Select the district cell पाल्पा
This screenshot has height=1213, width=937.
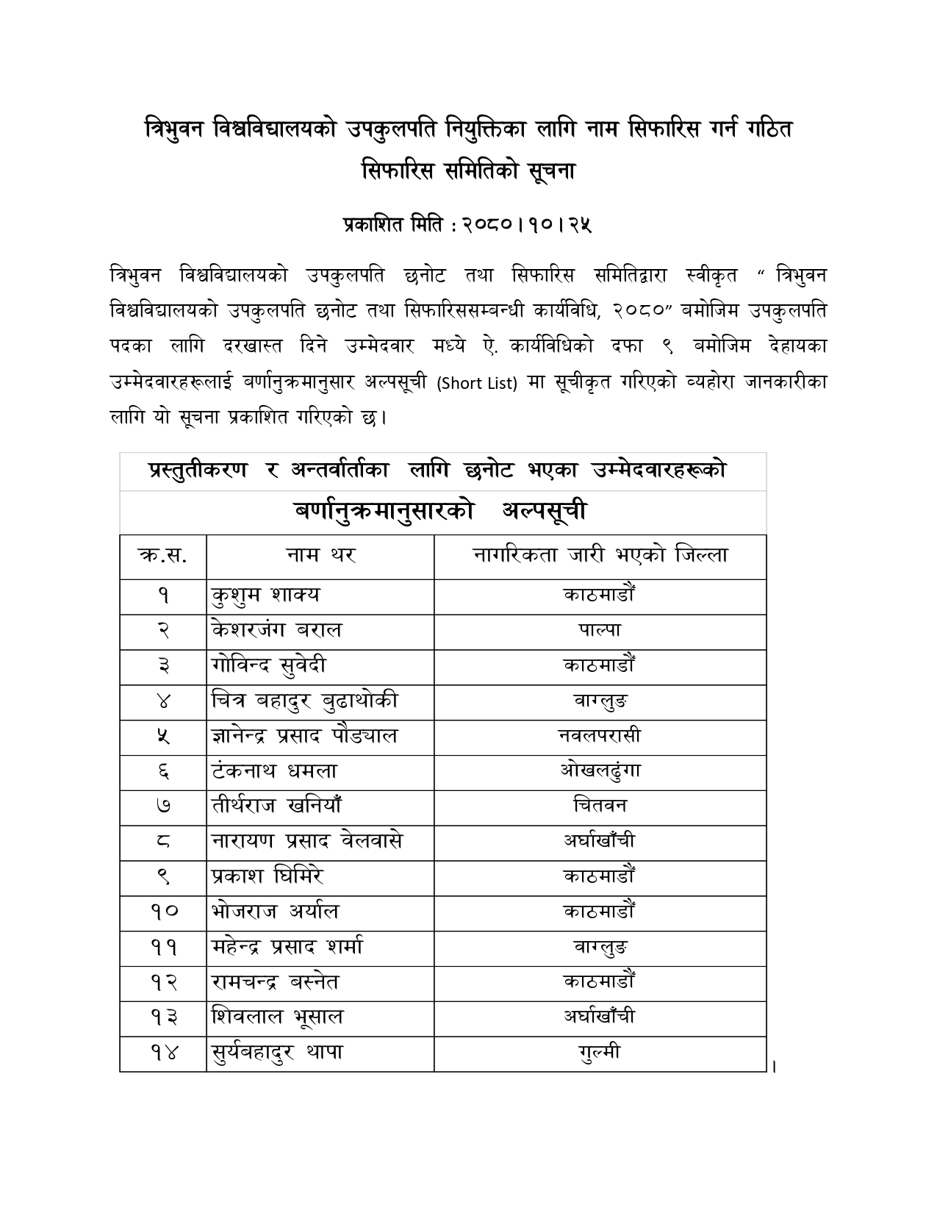(600, 630)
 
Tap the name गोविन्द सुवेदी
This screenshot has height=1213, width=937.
(268, 665)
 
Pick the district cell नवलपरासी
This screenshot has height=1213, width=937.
(600, 735)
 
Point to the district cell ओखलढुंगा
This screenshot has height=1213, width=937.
(600, 771)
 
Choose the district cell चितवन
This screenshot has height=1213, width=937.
(600, 806)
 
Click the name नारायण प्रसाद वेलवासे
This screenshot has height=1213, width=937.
(306, 841)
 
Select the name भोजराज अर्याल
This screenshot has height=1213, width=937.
(275, 912)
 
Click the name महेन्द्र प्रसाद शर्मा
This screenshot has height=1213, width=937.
(287, 947)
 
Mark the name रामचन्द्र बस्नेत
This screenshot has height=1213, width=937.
(275, 982)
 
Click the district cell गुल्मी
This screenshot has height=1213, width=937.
(600, 1053)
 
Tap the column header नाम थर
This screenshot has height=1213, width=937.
(320, 556)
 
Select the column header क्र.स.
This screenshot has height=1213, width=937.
(163, 556)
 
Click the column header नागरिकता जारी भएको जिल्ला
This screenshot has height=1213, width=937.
(600, 556)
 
